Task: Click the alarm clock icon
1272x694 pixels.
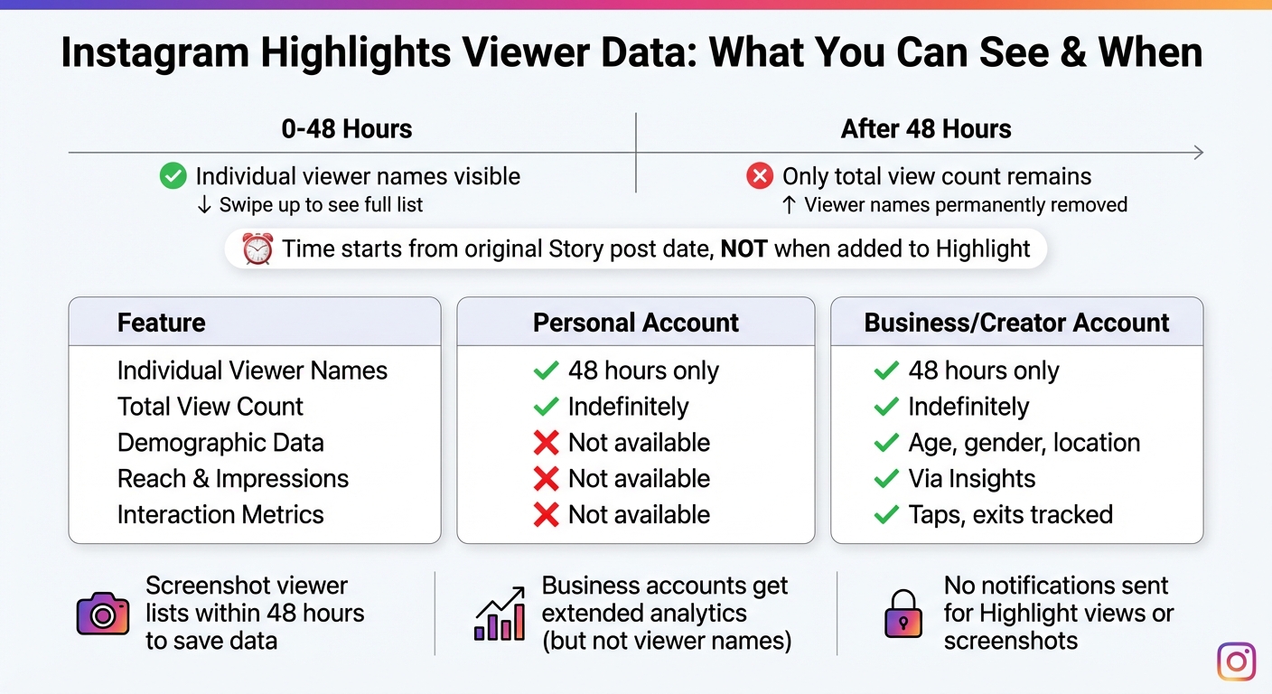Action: (x=257, y=249)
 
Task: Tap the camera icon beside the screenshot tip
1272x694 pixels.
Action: (x=103, y=614)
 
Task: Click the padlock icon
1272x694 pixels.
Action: (x=903, y=614)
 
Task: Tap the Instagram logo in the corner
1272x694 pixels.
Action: (x=1236, y=661)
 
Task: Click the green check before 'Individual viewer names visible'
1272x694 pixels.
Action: (x=173, y=176)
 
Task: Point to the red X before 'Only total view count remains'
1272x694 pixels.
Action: (x=760, y=176)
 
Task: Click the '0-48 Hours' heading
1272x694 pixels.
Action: (x=346, y=129)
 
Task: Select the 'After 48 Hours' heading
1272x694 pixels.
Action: (x=926, y=129)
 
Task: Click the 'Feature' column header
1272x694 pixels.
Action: (x=161, y=323)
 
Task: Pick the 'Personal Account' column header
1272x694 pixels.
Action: (x=636, y=323)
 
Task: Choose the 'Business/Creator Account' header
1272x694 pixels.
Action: (x=1016, y=323)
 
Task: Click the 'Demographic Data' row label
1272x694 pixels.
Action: (x=220, y=443)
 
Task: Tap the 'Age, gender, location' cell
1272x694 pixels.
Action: (x=1024, y=443)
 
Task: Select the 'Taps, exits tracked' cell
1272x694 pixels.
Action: (x=1010, y=515)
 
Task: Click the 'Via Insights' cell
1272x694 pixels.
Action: (x=971, y=479)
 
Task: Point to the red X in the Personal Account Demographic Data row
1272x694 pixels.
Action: (x=546, y=443)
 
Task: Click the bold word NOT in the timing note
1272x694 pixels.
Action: (x=744, y=249)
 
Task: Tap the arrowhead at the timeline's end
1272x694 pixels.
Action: (x=1198, y=153)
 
